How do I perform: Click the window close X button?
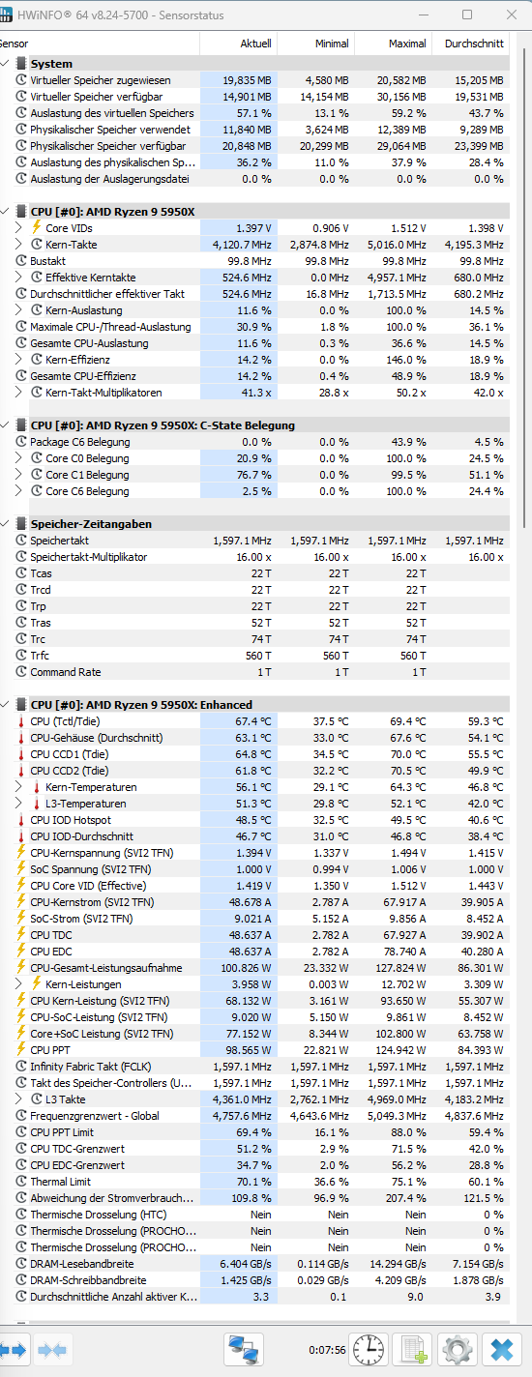pyautogui.click(x=511, y=15)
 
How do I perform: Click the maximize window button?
pyautogui.click(x=467, y=15)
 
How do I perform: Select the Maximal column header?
pyautogui.click(x=407, y=44)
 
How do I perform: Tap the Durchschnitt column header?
pyautogui.click(x=474, y=44)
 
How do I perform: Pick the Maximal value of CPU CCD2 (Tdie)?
pyautogui.click(x=407, y=771)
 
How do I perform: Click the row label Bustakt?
pyautogui.click(x=48, y=261)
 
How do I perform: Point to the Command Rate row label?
pyautogui.click(x=66, y=672)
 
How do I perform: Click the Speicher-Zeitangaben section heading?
pyautogui.click(x=91, y=524)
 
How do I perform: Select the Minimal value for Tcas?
pyautogui.click(x=339, y=572)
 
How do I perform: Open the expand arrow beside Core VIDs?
pyautogui.click(x=18, y=227)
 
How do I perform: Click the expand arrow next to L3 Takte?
pyautogui.click(x=18, y=1099)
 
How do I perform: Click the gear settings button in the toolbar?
pyautogui.click(x=457, y=1350)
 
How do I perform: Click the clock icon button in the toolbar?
pyautogui.click(x=369, y=1350)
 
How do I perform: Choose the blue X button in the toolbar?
pyautogui.click(x=502, y=1350)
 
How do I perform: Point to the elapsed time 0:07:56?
pyautogui.click(x=327, y=1350)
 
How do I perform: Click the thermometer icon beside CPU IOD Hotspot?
pyautogui.click(x=21, y=820)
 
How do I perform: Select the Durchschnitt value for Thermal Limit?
pyautogui.click(x=486, y=1182)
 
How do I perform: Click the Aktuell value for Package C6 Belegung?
pyautogui.click(x=256, y=442)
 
